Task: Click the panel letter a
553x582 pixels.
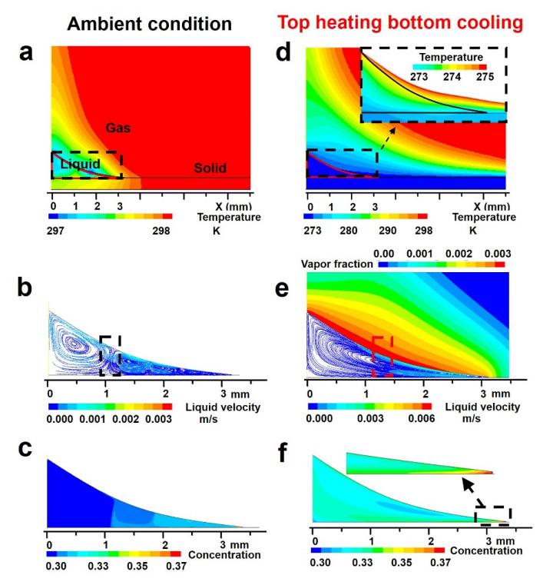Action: coord(26,55)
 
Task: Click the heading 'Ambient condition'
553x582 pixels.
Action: coord(149,24)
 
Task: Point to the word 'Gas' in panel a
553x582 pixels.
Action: coord(118,128)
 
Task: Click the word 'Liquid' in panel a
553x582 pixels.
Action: coord(80,164)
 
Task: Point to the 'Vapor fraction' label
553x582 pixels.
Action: coord(337,263)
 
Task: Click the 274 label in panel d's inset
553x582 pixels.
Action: coord(446,78)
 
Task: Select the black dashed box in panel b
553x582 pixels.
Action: coord(111,354)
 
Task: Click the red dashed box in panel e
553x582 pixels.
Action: coord(382,351)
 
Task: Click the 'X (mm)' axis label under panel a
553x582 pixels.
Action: coord(233,207)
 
